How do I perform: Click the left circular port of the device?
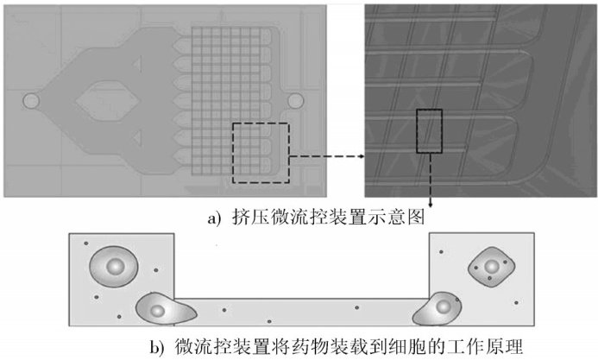coord(30,101)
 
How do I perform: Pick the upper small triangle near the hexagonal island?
coord(138,63)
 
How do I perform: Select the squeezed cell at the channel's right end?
coord(438,307)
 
